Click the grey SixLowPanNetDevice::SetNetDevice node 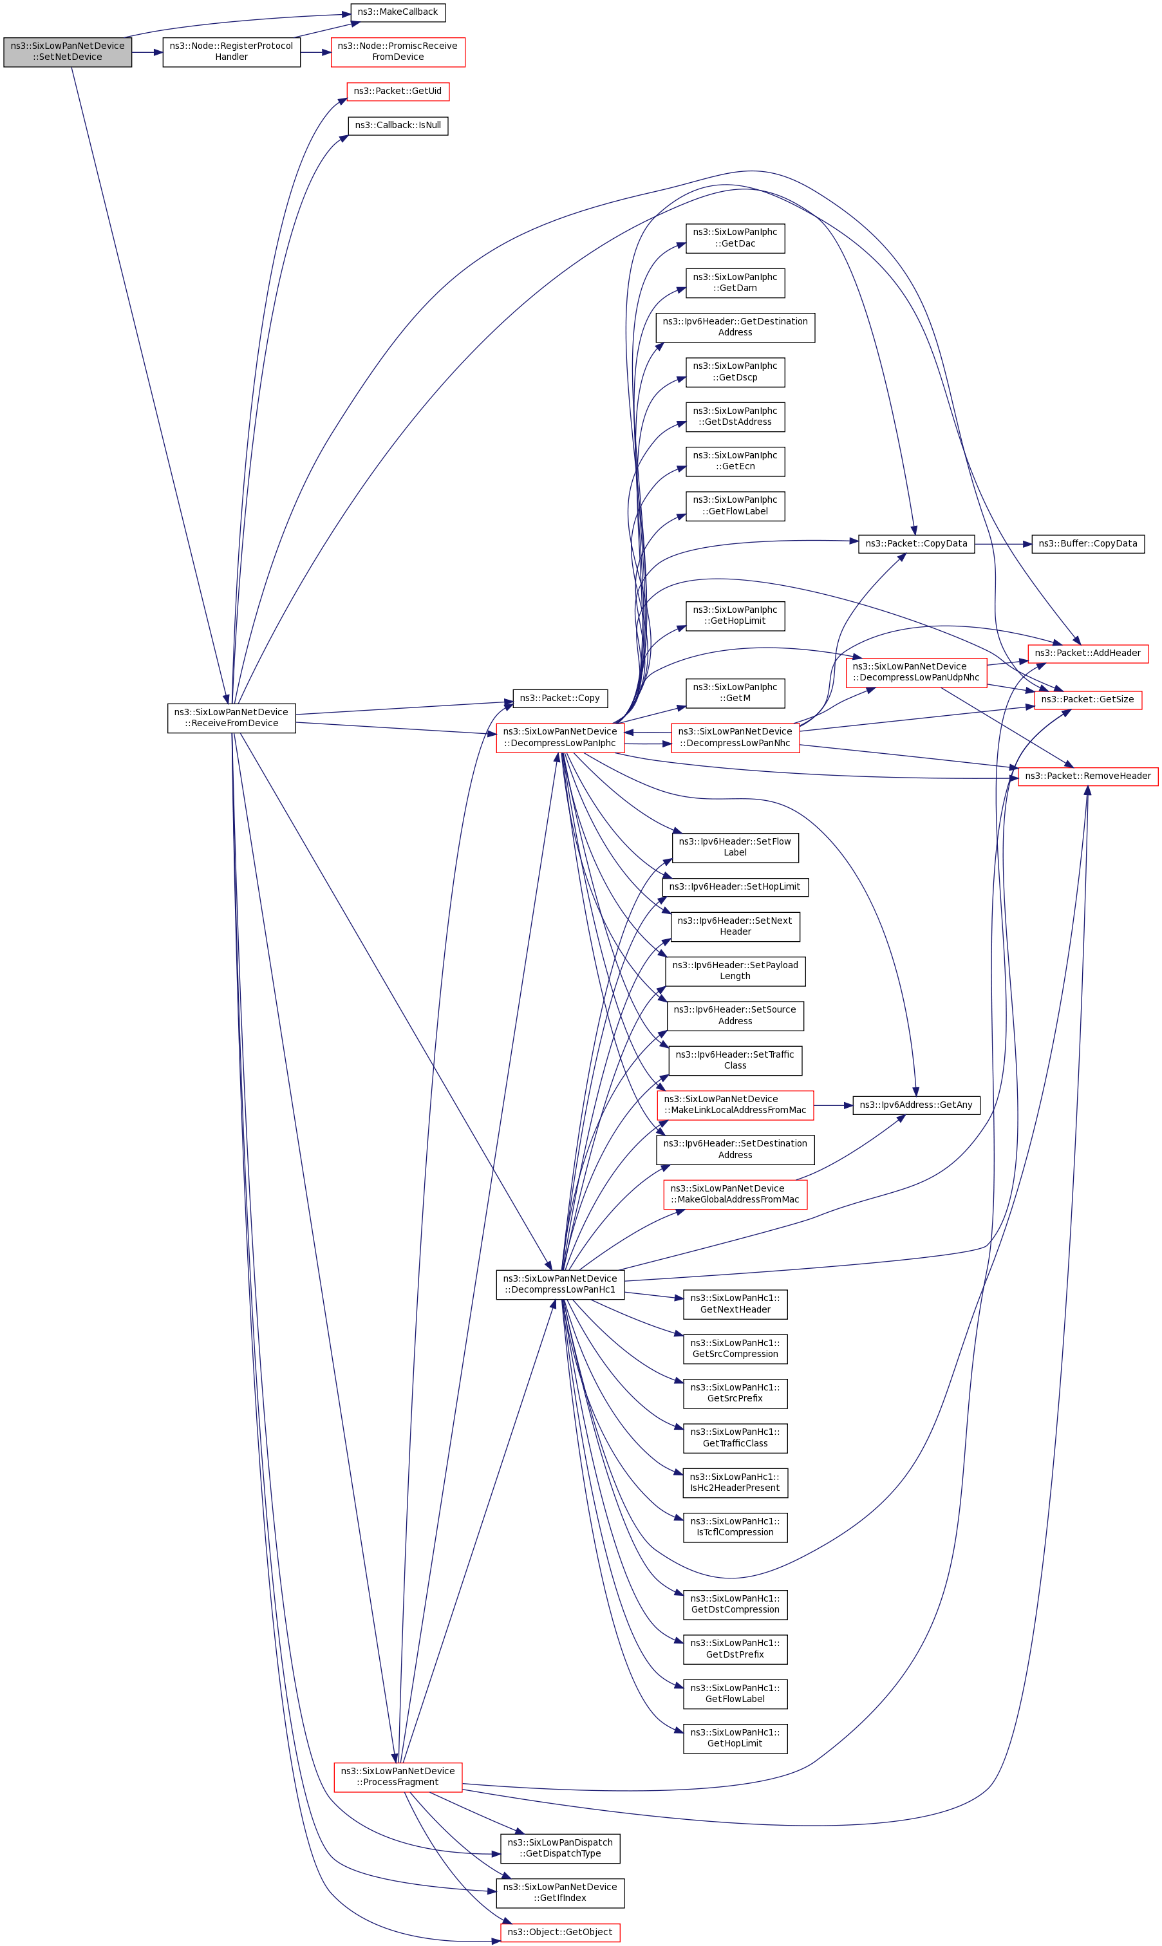coord(68,51)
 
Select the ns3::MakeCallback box coord(397,12)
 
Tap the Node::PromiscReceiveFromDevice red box coord(398,51)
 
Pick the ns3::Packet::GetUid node coord(398,91)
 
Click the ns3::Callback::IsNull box coord(398,126)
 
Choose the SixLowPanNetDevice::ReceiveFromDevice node coord(231,718)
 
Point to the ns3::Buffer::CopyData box coord(1087,544)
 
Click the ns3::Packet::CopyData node coord(916,544)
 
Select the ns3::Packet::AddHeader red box coord(1087,653)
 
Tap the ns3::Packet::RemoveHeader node coord(1087,776)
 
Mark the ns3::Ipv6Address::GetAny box coord(916,1105)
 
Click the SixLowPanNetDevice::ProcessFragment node coord(398,1777)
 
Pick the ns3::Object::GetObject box coord(560,1932)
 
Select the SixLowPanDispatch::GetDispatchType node coord(560,1848)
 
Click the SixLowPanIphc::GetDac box coord(735,238)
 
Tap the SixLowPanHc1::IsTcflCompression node coord(735,1526)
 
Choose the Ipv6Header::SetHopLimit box coord(735,887)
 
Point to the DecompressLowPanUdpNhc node coord(916,673)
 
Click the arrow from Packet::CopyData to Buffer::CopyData coord(1003,544)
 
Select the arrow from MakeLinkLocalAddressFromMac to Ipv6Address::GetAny coord(833,1105)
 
